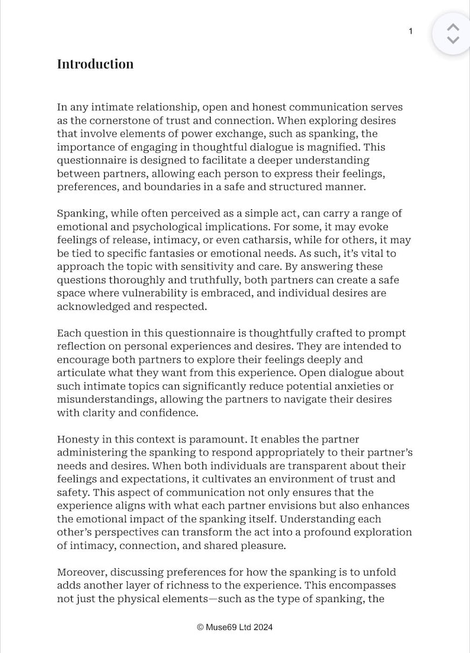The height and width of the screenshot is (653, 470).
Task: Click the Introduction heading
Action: point(95,64)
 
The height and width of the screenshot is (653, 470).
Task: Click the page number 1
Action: point(411,31)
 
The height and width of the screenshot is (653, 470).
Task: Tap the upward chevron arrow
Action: point(453,27)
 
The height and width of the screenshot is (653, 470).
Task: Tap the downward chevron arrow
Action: point(453,40)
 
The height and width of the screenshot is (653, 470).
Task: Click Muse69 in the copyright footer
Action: point(221,628)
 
